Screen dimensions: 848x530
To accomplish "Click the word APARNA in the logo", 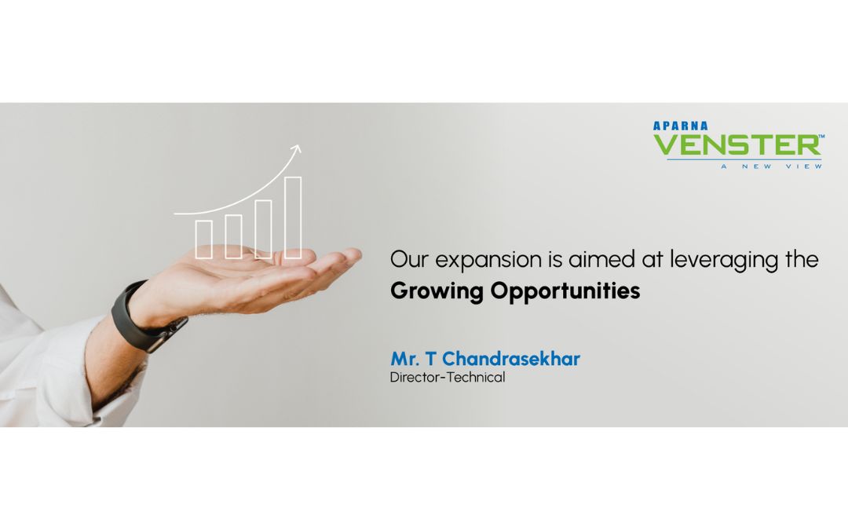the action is coord(680,126).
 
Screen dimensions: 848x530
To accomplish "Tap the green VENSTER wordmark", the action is coord(738,145).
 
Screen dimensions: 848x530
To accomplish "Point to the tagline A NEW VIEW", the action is coord(771,166).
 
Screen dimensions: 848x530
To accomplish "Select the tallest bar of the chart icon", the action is coord(293,217).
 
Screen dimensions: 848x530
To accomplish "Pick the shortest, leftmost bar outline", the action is coord(203,239).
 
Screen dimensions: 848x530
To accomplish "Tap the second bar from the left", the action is coord(233,236).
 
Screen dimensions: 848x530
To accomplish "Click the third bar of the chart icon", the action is coord(263,229).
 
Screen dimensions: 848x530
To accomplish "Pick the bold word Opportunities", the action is coord(565,291).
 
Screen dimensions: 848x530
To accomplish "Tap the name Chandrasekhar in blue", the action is coord(511,359).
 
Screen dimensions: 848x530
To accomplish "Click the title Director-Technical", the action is coord(448,378).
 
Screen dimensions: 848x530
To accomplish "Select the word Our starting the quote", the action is coord(409,260).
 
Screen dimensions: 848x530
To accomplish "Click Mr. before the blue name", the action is coord(405,359).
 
